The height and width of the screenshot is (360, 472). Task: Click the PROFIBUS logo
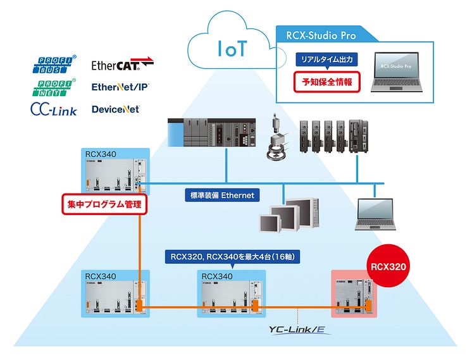(x=53, y=65)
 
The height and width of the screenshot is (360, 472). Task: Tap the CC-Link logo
(x=54, y=109)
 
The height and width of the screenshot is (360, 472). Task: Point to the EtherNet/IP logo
(x=120, y=87)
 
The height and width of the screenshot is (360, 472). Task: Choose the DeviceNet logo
(x=115, y=109)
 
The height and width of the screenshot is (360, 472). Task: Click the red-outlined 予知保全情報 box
(x=326, y=82)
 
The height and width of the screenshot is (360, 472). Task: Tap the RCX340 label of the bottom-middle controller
(x=217, y=276)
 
